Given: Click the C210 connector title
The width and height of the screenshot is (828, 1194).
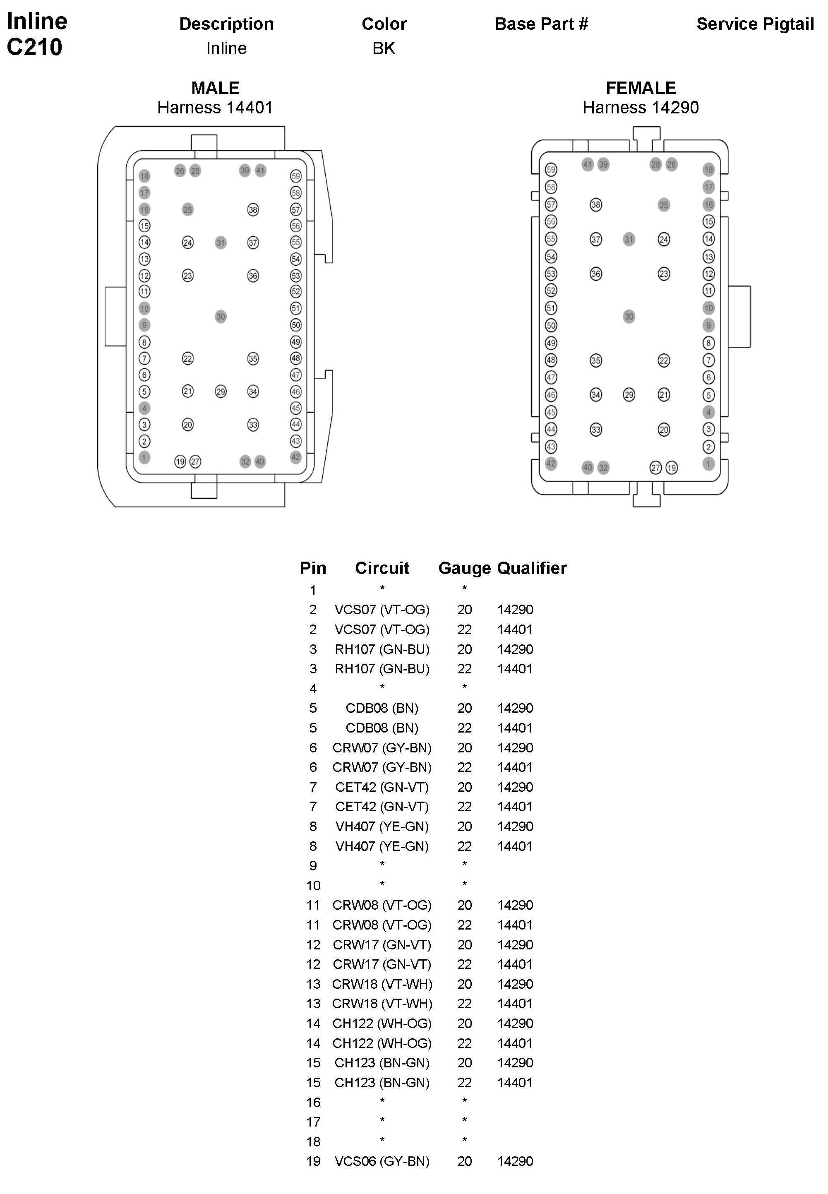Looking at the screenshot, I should point(35,47).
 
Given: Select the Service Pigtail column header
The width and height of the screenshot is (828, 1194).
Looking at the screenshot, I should point(755,24).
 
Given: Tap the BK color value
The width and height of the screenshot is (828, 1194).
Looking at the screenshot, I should point(384,48).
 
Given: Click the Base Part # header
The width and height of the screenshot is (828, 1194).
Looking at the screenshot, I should point(541,24).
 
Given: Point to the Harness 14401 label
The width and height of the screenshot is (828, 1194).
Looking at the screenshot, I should point(215,108).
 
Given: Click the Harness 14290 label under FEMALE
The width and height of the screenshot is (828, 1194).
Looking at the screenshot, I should point(640,108).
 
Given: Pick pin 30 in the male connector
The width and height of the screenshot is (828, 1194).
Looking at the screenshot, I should point(221,317).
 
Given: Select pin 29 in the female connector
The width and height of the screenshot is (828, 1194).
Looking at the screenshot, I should point(629,395).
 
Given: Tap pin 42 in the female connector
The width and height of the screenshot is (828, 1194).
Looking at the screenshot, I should point(551,464).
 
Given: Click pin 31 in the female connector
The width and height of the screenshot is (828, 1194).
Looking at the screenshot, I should point(629,239).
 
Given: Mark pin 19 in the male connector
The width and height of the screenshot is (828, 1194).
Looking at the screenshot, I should point(180,461).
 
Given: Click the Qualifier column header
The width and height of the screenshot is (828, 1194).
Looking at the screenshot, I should point(532,568).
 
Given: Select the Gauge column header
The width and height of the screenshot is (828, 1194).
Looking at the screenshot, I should point(464,568).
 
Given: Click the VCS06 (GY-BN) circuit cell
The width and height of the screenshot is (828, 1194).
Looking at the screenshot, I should point(382,1161).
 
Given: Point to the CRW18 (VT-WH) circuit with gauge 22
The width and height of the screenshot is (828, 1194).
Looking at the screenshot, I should point(382,1003).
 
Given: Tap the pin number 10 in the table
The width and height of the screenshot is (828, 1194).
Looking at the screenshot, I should point(313,885).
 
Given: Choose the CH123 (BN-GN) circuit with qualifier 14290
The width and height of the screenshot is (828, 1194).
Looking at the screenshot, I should point(382,1062).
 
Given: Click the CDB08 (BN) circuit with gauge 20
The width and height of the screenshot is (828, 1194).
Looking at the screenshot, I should point(382,708).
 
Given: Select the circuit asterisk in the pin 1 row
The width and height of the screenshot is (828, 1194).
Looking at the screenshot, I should point(382,589).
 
